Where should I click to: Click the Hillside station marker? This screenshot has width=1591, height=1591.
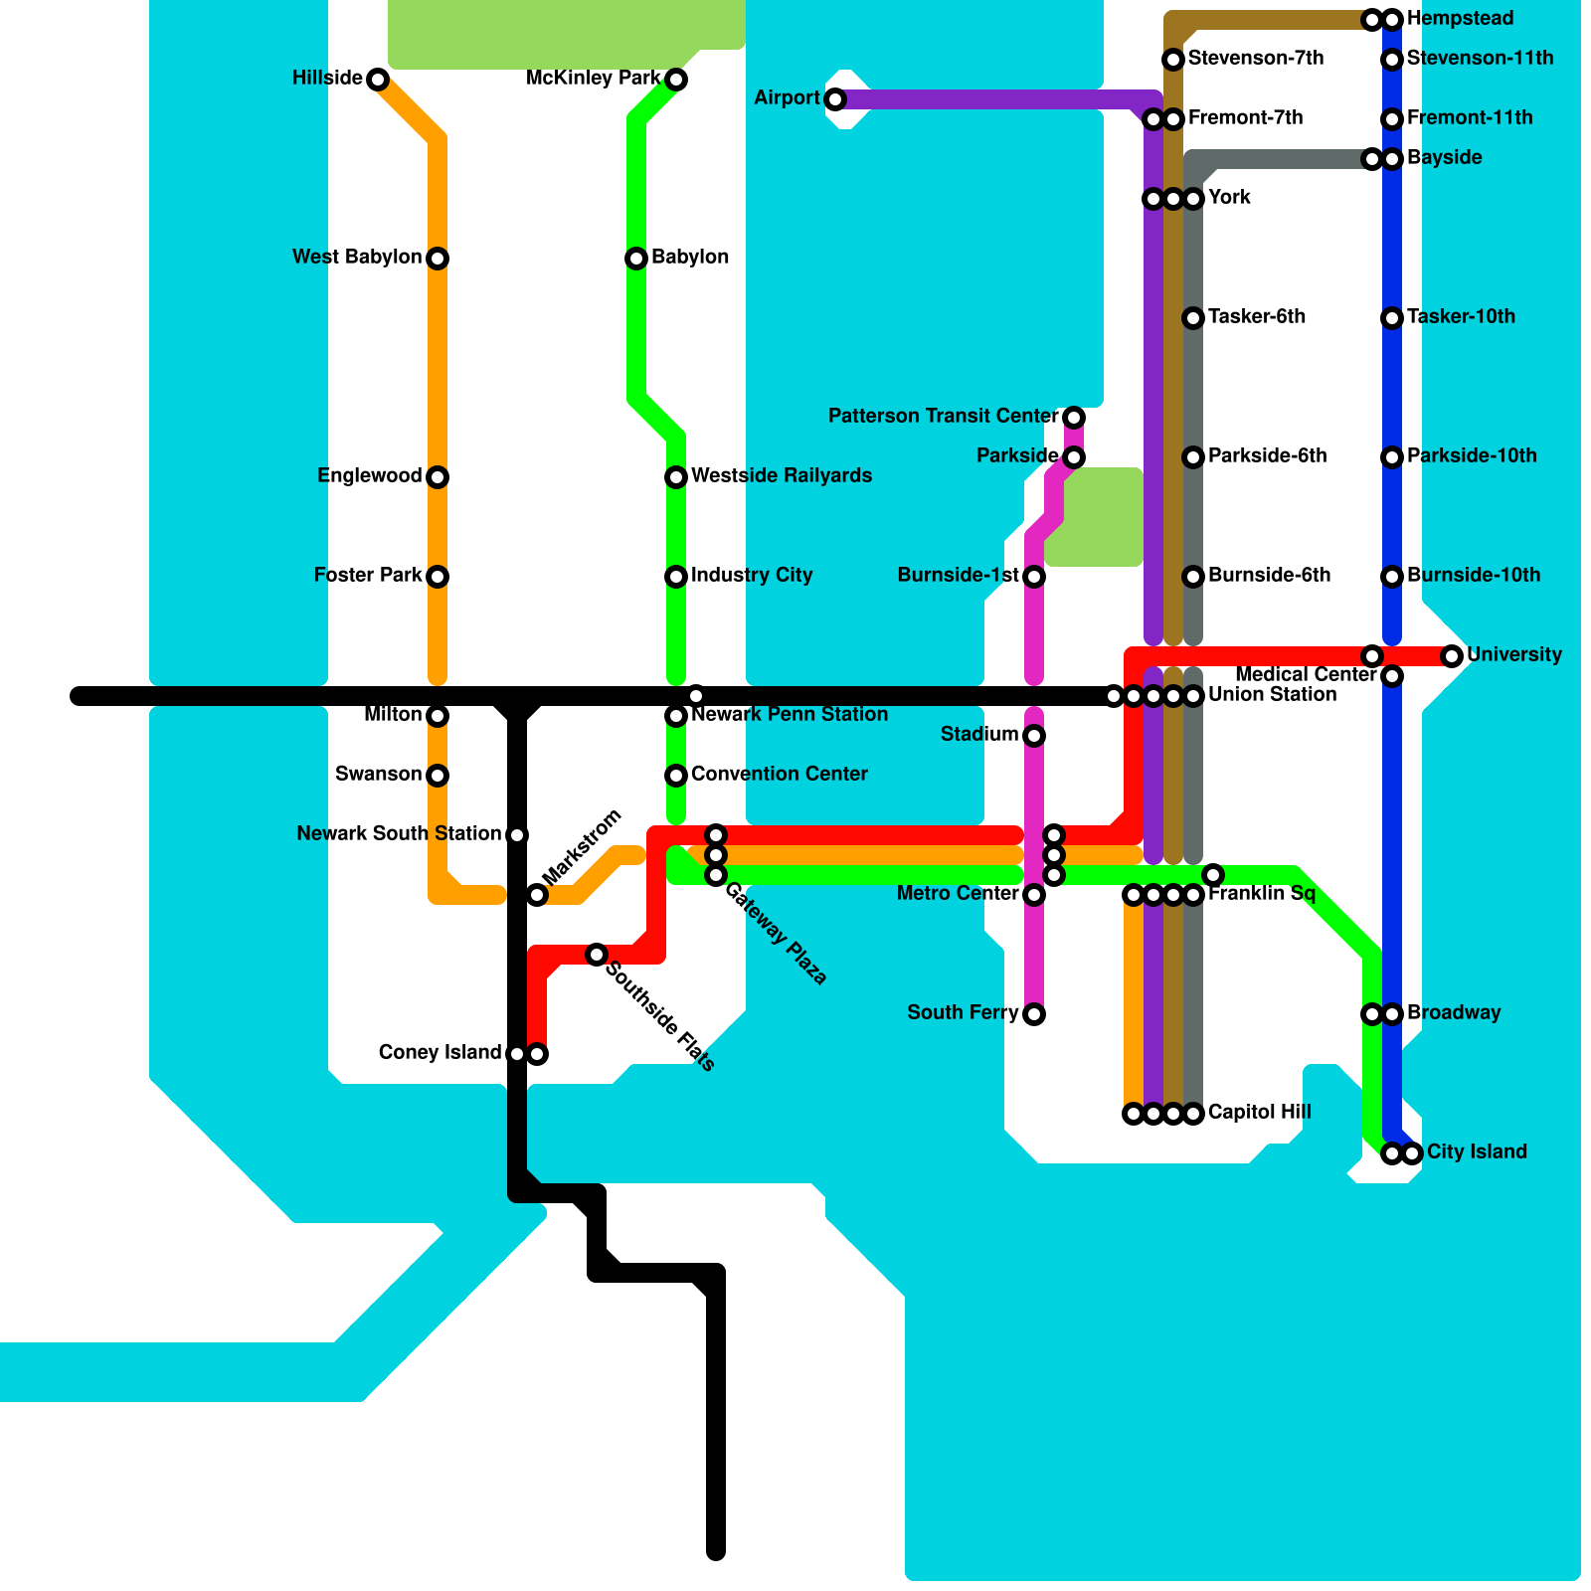pos(378,80)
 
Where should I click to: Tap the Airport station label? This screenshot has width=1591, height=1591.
pos(787,97)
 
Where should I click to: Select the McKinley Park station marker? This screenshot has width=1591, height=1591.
pos(676,80)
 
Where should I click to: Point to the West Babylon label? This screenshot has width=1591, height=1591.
pos(356,258)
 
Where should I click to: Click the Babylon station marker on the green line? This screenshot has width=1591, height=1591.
pos(636,259)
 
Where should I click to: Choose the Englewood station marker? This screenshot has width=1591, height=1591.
pos(438,477)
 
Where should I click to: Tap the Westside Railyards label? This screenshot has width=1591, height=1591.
pos(781,476)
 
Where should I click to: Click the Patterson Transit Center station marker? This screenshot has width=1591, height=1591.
pos(1074,417)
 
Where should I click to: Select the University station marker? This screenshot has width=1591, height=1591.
pos(1452,656)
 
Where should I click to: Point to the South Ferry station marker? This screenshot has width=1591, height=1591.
pos(1034,1014)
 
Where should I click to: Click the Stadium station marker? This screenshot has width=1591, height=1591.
pos(1034,736)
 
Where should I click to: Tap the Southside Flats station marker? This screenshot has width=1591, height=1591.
pos(597,955)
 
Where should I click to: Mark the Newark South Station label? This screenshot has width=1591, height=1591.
pos(399,834)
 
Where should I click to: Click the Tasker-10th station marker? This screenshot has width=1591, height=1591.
pos(1392,318)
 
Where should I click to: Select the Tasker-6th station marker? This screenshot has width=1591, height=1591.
pos(1193,318)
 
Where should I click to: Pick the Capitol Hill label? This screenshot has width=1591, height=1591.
pos(1259,1113)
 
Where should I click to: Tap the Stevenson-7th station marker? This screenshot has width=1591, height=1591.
pos(1173,60)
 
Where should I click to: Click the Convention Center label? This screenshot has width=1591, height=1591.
pos(779,775)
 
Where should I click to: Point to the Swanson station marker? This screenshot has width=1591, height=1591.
pos(438,776)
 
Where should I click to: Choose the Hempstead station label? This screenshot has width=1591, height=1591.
pos(1460,19)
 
